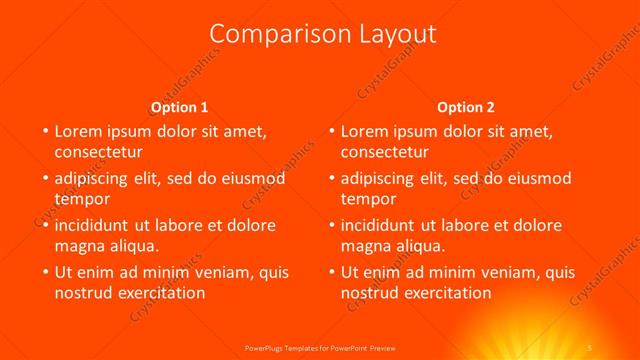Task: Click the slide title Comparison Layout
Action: [324, 34]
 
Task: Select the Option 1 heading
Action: [179, 107]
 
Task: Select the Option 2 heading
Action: [465, 107]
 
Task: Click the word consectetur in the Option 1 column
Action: [98, 152]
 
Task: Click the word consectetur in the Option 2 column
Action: [385, 152]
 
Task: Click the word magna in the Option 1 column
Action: [79, 246]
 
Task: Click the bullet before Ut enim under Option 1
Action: [44, 272]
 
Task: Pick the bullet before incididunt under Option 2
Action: [331, 225]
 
